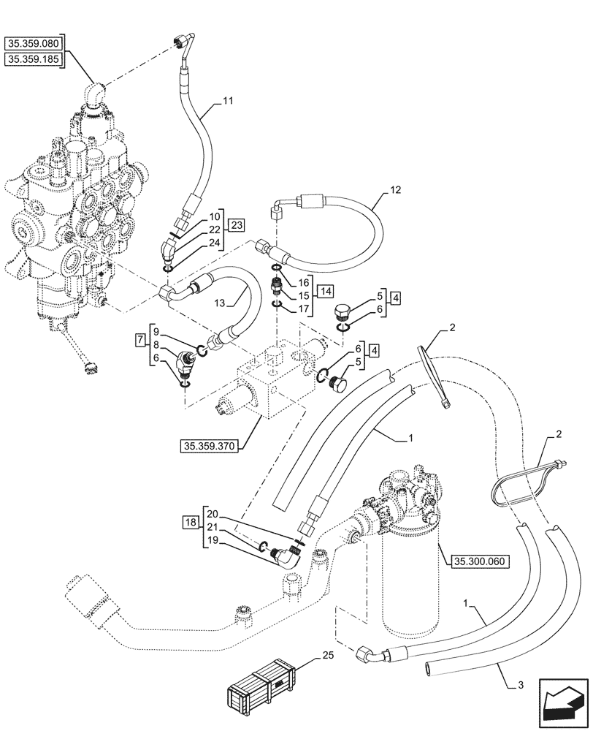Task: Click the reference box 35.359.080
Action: pos(34,42)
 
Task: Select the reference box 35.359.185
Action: pos(34,58)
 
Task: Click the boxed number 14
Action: pos(326,290)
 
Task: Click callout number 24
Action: pos(215,243)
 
